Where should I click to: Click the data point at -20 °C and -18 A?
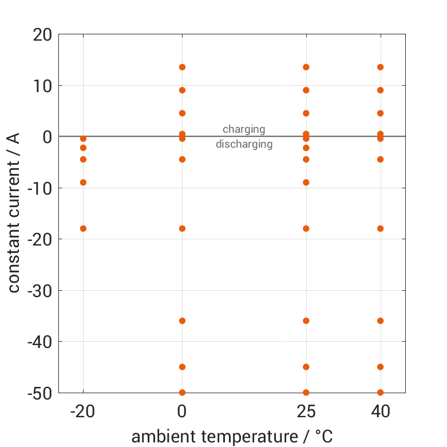(83, 228)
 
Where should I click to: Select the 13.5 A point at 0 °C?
(182, 67)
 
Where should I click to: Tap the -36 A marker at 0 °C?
(182, 321)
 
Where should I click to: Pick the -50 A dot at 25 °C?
(306, 392)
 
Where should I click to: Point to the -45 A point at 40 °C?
(380, 367)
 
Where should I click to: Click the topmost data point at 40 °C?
(380, 67)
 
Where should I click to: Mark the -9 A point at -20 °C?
(83, 183)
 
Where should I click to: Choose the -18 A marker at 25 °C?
(306, 228)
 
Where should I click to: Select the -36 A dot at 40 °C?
(380, 321)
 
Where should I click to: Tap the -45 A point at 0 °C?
(182, 367)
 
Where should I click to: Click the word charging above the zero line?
(244, 129)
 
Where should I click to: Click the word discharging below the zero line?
(244, 144)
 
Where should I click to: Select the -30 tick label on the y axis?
(39, 291)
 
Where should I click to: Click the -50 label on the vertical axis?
(39, 393)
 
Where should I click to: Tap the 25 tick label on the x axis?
(306, 412)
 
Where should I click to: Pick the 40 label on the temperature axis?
(380, 412)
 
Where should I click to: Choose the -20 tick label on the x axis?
(83, 412)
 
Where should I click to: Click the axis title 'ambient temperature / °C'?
(232, 437)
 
